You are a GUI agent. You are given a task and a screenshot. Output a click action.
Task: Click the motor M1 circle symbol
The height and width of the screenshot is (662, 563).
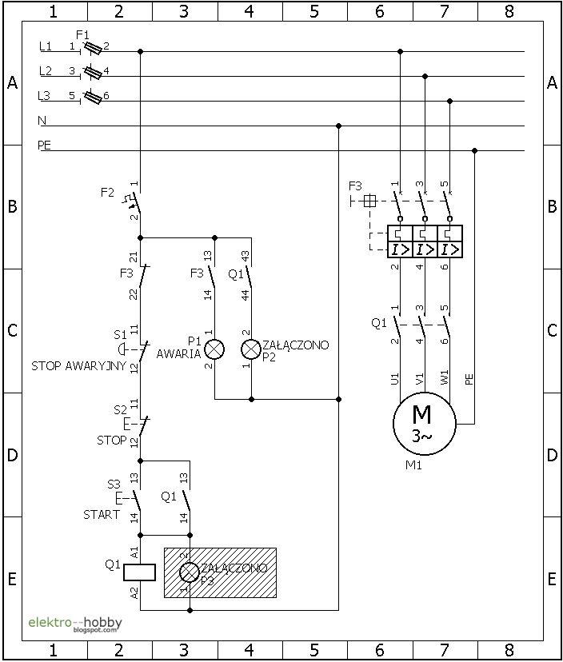click(423, 424)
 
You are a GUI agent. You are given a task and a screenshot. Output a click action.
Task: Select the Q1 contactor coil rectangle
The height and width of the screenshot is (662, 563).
click(140, 572)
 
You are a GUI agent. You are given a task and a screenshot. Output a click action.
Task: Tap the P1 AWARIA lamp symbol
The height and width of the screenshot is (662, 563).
click(214, 349)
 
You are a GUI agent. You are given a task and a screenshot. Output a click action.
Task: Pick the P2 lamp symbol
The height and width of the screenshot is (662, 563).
click(251, 349)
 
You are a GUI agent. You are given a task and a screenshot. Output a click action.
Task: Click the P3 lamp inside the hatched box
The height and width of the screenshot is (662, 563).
click(190, 572)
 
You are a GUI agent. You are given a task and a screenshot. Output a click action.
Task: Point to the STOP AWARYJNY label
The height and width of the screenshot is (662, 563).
click(78, 366)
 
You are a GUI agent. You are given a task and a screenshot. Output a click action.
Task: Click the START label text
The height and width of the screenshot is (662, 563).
click(102, 515)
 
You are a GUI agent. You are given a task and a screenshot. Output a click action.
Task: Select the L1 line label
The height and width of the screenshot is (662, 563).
click(46, 47)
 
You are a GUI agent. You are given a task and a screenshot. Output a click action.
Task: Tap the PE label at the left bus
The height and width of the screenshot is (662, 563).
click(44, 146)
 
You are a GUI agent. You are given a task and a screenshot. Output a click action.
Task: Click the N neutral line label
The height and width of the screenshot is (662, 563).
click(42, 121)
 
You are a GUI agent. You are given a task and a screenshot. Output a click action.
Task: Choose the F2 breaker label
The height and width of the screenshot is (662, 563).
click(107, 193)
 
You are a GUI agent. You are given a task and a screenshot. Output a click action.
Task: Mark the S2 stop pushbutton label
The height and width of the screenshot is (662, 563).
click(120, 409)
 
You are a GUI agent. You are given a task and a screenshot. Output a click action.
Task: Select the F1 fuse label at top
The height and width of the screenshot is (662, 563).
click(82, 35)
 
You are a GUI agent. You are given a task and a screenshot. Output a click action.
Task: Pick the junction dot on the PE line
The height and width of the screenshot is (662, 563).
click(475, 150)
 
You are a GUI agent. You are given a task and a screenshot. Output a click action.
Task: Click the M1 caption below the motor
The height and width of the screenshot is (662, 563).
click(413, 465)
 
